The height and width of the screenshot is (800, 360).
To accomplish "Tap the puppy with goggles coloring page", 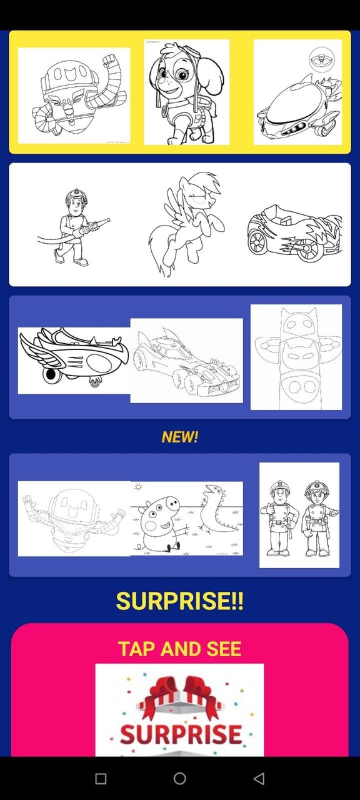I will point(186,92).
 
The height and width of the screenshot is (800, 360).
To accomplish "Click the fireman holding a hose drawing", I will point(74,226).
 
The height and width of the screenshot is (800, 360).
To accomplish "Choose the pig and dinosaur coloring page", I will point(186,518).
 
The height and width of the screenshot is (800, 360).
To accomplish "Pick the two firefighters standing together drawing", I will point(299,515).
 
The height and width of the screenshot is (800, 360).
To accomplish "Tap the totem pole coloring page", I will point(296,357).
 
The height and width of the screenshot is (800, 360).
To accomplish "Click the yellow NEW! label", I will point(180,437).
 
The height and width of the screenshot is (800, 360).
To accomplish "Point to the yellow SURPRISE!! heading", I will point(180,601).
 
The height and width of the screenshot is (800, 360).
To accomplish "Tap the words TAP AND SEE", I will point(180,649).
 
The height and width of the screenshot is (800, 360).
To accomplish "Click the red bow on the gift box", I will point(181,696).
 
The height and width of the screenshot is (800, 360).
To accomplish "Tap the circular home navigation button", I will point(180,778).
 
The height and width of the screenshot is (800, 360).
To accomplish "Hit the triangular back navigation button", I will point(259,778).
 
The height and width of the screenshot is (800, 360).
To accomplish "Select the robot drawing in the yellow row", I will point(74,96).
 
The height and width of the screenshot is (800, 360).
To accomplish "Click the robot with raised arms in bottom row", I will point(74,518).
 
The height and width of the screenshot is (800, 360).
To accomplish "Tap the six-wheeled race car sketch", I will point(186,361).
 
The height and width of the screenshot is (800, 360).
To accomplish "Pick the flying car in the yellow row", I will point(297,92).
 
